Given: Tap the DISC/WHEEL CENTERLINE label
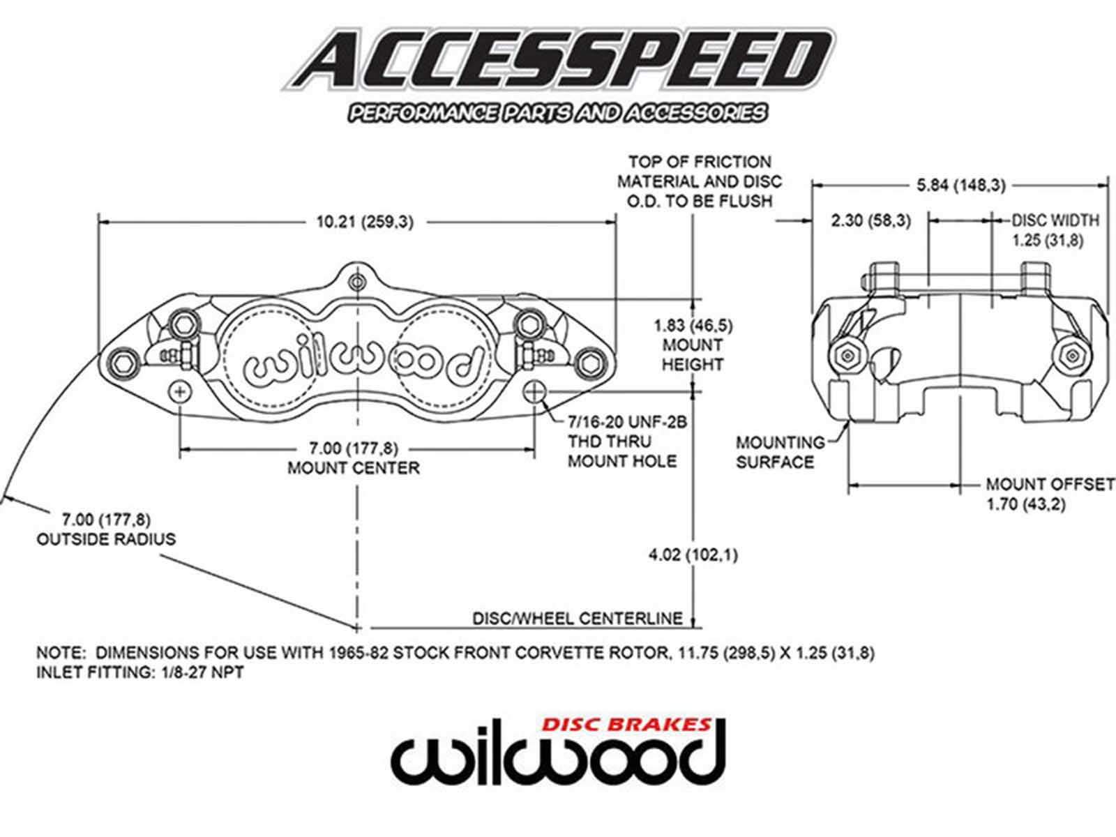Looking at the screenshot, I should [x=577, y=618].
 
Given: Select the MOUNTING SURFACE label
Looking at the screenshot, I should [x=780, y=452].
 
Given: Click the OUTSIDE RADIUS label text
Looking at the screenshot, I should [x=106, y=538].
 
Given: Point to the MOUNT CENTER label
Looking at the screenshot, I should [x=354, y=467].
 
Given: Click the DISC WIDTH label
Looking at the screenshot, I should [x=1055, y=220].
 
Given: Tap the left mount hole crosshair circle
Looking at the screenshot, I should [x=180, y=391].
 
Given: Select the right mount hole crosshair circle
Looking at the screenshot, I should [x=535, y=391].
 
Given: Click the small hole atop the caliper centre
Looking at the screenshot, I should [x=358, y=282].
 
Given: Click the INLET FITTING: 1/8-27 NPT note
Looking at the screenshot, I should [x=140, y=673].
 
